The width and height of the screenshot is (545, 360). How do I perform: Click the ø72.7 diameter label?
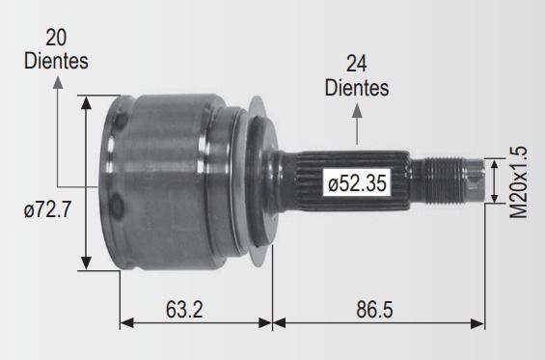click(x=47, y=209)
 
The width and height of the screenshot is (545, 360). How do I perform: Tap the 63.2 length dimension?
click(x=184, y=309)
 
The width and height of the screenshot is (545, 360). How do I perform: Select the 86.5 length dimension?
click(x=374, y=309)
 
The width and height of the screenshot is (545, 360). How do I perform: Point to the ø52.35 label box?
click(x=357, y=183)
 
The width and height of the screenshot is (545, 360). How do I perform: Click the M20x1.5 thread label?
click(x=519, y=182)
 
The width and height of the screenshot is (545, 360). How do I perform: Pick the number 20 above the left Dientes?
click(x=56, y=38)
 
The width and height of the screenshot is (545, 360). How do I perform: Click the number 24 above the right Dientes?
click(x=357, y=64)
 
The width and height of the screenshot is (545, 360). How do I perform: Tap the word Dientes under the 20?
click(x=56, y=61)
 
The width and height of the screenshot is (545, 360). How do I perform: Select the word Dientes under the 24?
click(x=357, y=87)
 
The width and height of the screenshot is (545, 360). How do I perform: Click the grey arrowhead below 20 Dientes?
click(x=58, y=83)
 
